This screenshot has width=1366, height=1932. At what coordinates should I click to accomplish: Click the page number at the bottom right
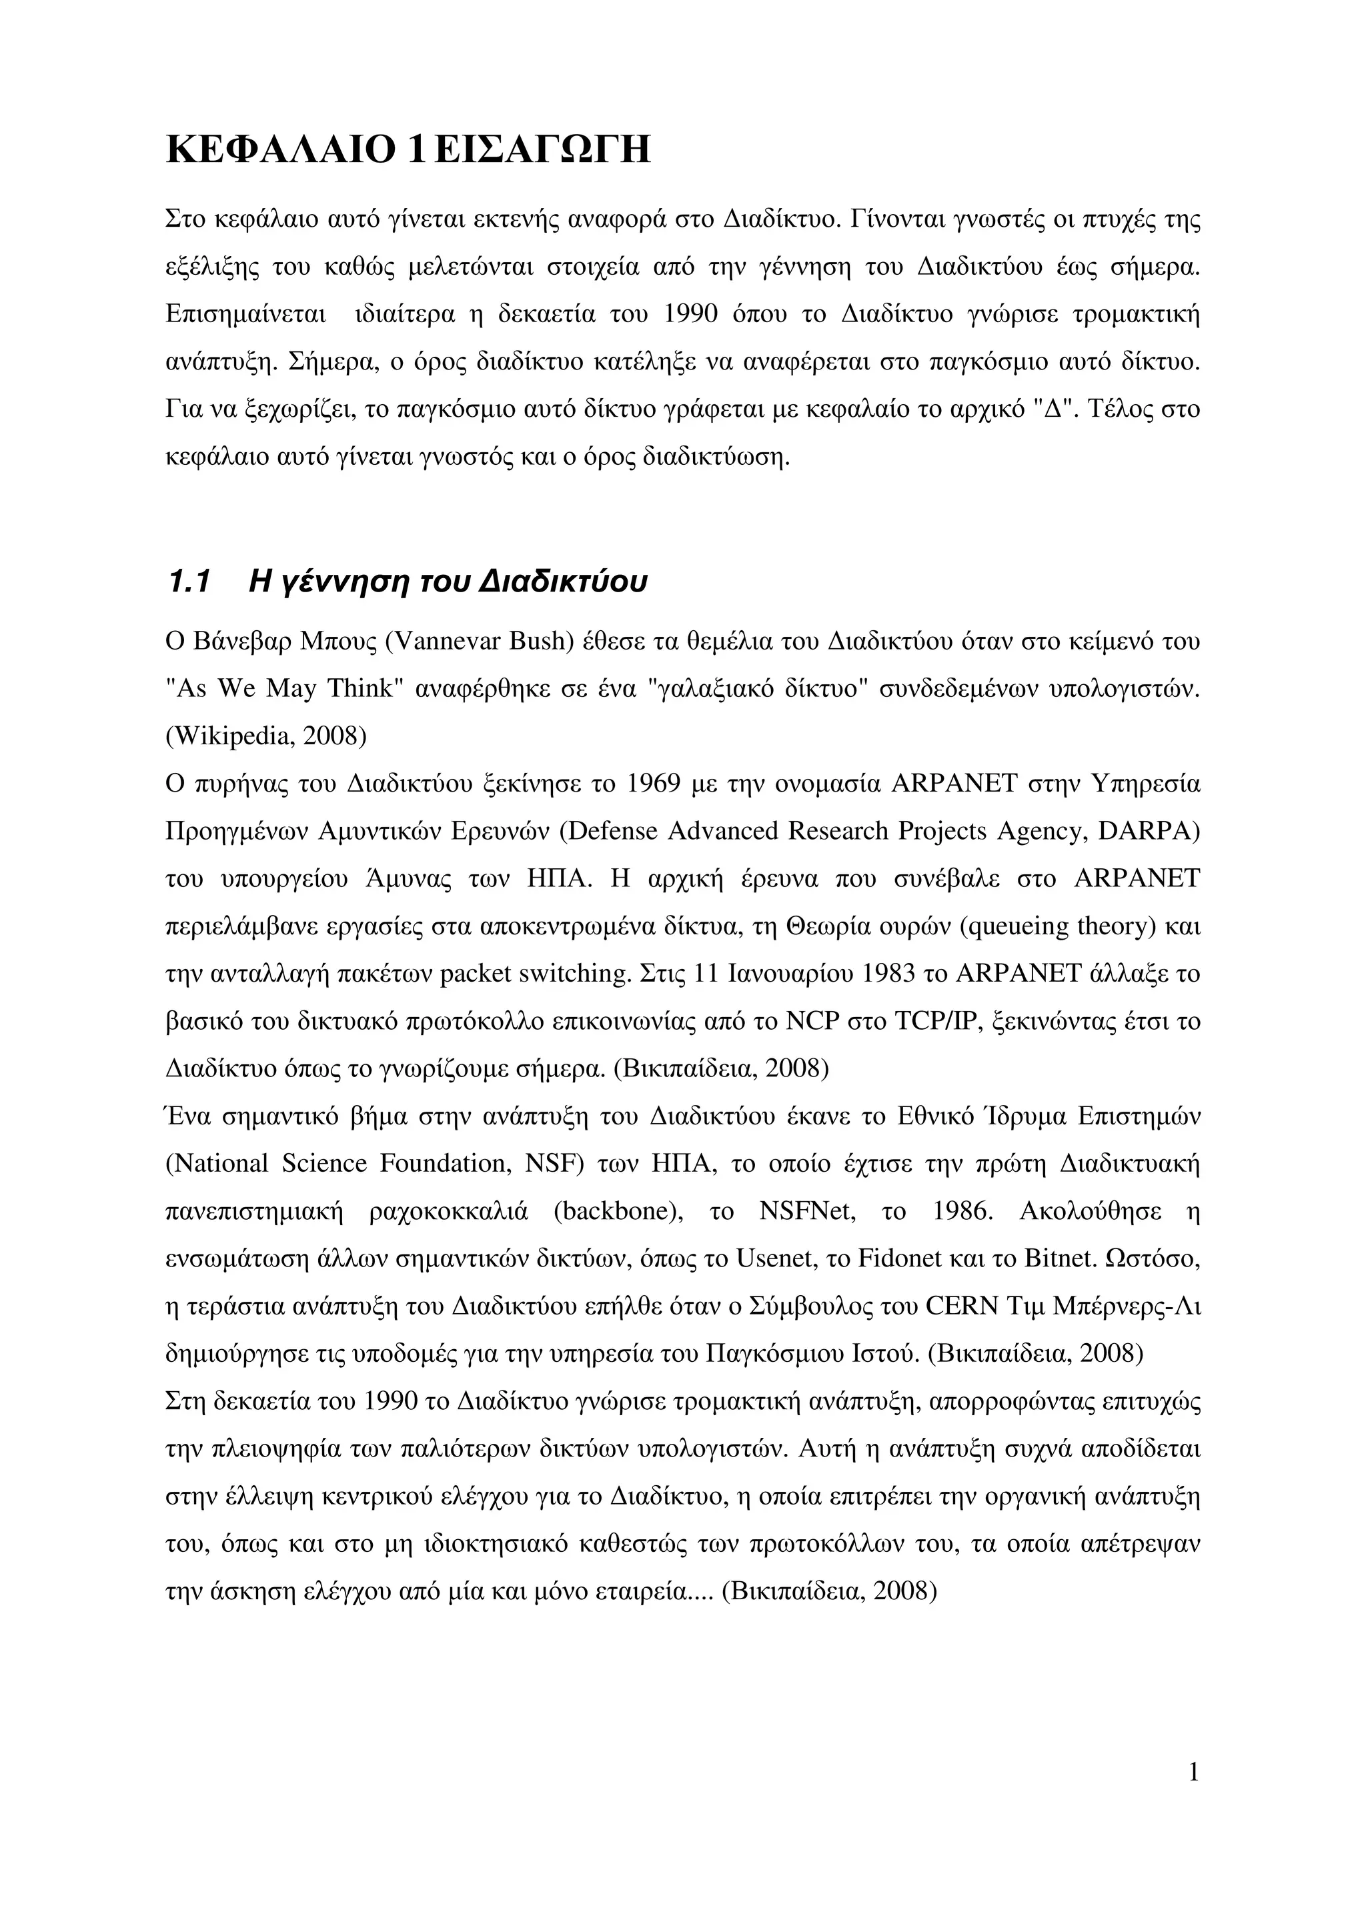pyautogui.click(x=1193, y=1773)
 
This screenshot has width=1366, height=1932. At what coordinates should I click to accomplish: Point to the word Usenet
pyautogui.click(x=772, y=1259)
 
